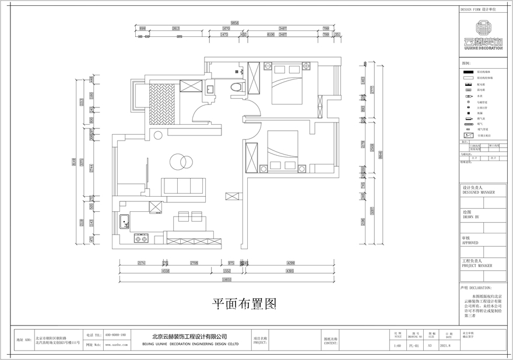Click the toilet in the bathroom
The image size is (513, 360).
[x=236, y=87]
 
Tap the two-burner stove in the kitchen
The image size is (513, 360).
[x=140, y=238]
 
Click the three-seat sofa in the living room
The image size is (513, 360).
[x=183, y=186]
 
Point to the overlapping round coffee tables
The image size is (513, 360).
[x=180, y=160]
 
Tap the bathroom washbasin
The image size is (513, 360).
[x=210, y=89]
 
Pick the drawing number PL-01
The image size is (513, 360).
[x=414, y=345]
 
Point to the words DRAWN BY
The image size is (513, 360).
[x=470, y=216]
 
